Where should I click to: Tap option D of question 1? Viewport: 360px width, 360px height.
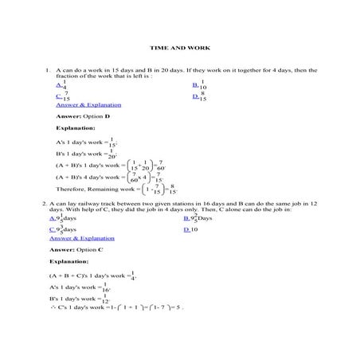(x=199, y=96)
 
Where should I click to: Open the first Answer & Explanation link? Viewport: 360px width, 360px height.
(x=88, y=104)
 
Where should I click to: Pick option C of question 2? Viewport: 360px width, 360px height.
(x=63, y=229)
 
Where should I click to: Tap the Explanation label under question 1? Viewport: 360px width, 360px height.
(x=76, y=127)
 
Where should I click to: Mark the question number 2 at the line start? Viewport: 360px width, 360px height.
(x=43, y=204)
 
